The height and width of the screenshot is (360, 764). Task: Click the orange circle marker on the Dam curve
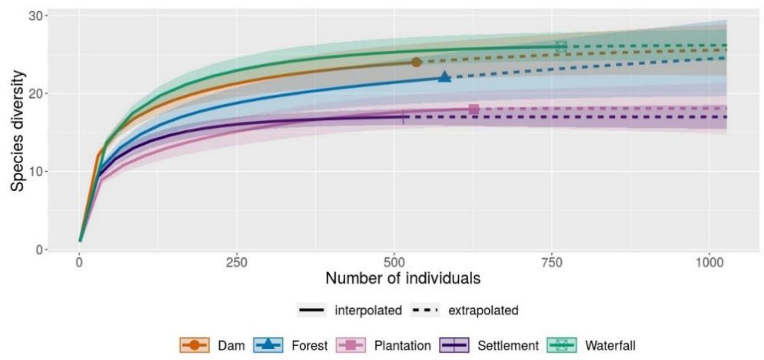coord(416,63)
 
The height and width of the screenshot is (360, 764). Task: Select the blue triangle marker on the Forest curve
coord(444,77)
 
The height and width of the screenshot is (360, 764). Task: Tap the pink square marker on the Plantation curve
coord(474,109)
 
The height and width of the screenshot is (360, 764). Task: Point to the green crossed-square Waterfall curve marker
coord(562,46)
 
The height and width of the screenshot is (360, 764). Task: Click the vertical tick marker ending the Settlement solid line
coord(403,117)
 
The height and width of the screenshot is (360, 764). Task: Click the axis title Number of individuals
coord(403,279)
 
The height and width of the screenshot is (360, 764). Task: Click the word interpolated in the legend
coord(368,310)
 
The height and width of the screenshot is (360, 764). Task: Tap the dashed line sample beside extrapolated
coord(425,310)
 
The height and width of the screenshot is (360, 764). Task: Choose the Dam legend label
coord(231,346)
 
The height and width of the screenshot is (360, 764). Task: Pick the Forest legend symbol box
coord(268,345)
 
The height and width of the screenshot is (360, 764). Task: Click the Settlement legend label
coord(508,346)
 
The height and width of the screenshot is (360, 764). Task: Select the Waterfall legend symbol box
coord(562,345)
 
